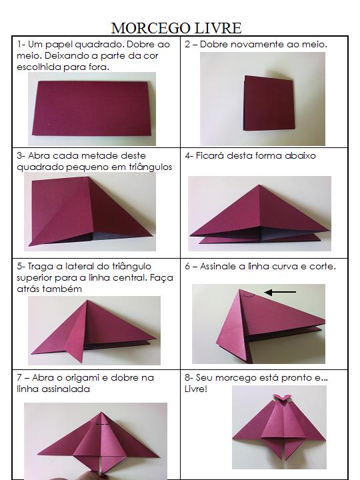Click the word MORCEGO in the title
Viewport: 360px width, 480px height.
[151, 28]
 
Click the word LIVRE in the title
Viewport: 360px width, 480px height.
[218, 28]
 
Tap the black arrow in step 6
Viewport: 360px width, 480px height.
[280, 293]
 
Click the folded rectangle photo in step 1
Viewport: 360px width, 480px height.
[92, 109]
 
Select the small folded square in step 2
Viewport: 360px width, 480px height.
[269, 103]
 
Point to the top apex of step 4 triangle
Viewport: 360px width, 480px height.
[259, 185]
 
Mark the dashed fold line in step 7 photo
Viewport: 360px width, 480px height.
[102, 424]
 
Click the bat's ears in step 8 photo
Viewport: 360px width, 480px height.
[281, 397]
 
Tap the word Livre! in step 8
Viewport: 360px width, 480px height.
[196, 389]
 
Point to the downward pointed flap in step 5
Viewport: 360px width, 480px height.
[75, 352]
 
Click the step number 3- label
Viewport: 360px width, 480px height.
[21, 156]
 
